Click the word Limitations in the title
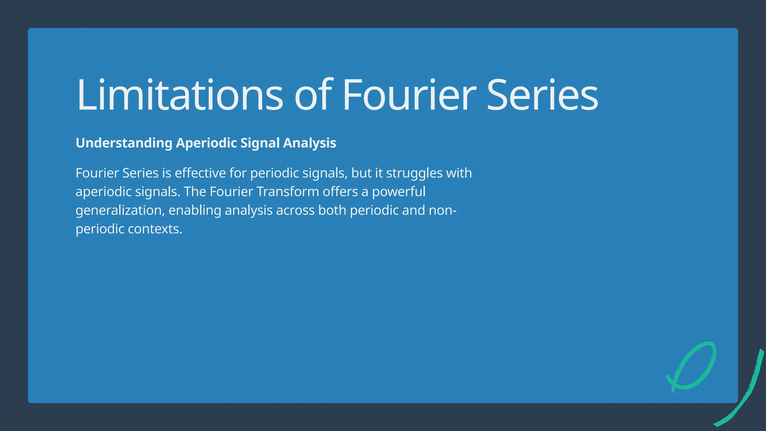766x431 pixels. click(x=180, y=95)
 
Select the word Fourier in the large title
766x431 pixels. click(x=409, y=95)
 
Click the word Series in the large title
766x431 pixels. click(x=542, y=95)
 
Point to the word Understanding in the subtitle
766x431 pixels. click(x=124, y=143)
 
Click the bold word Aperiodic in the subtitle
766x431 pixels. click(x=206, y=143)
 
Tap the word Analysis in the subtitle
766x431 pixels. click(x=309, y=143)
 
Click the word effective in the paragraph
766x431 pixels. click(x=200, y=173)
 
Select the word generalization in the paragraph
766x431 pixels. click(x=120, y=211)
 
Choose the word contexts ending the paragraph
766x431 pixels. click(x=155, y=229)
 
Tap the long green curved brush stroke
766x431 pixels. click(x=752, y=389)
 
